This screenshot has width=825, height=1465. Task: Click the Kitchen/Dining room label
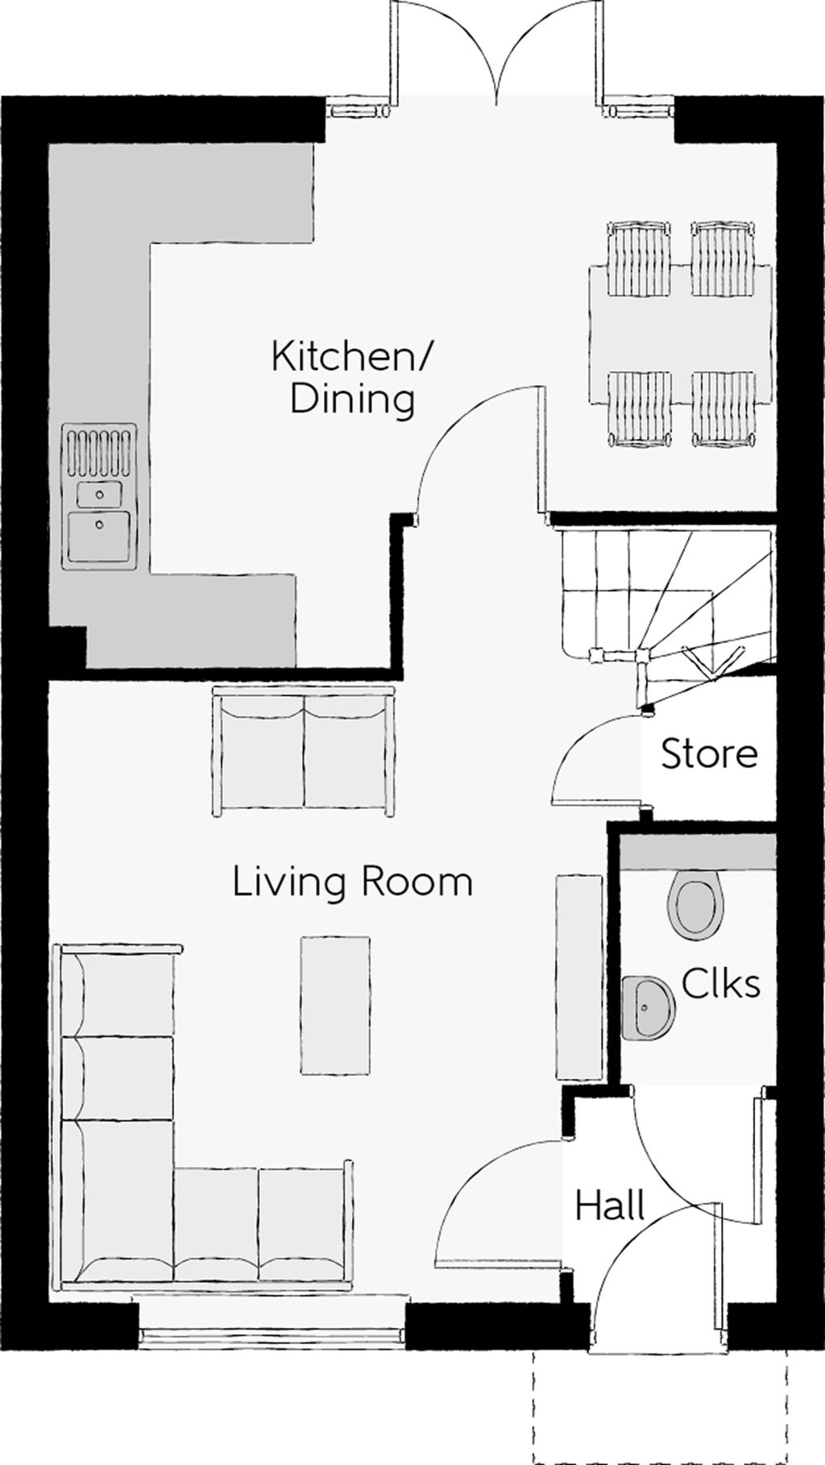(x=351, y=377)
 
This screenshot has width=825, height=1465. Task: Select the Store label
(x=709, y=753)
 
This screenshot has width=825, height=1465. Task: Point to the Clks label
(x=720, y=983)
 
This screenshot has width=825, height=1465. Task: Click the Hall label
(x=610, y=1206)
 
